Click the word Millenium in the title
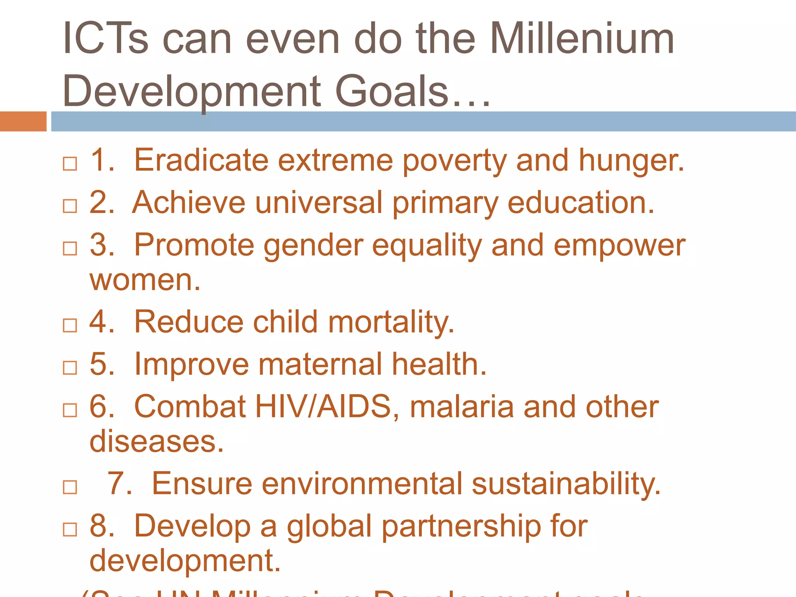click(582, 39)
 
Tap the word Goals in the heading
click(392, 91)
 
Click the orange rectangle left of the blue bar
click(23, 121)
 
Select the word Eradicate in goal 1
click(201, 160)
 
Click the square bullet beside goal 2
click(70, 206)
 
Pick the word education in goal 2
click(581, 203)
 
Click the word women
click(145, 280)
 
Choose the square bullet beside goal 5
click(70, 367)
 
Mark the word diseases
click(156, 442)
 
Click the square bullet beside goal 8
click(70, 529)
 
